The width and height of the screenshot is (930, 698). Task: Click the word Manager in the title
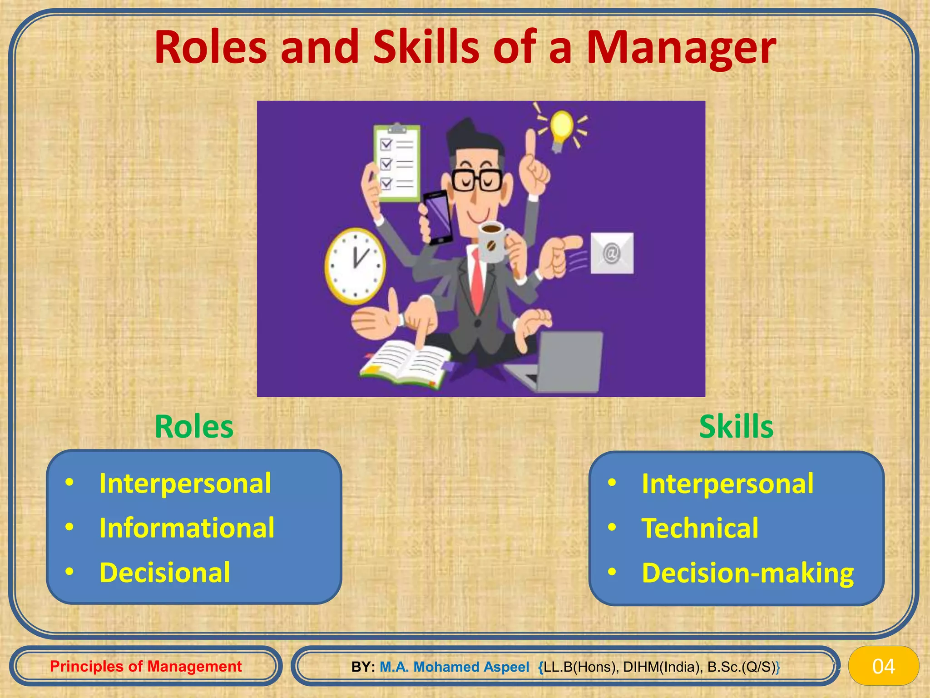click(x=681, y=48)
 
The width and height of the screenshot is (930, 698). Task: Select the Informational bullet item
click(x=187, y=528)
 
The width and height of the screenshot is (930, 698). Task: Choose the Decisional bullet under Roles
click(x=164, y=572)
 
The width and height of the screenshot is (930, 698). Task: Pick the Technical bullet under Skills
click(x=700, y=528)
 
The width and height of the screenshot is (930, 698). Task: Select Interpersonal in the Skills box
click(x=727, y=484)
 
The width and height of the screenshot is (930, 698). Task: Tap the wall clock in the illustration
click(x=355, y=266)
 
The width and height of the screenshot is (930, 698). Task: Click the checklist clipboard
click(x=396, y=164)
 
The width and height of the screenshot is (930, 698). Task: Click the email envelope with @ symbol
click(x=612, y=253)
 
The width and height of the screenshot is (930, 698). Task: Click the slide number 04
click(x=883, y=666)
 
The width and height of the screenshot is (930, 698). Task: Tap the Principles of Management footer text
click(x=146, y=666)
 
